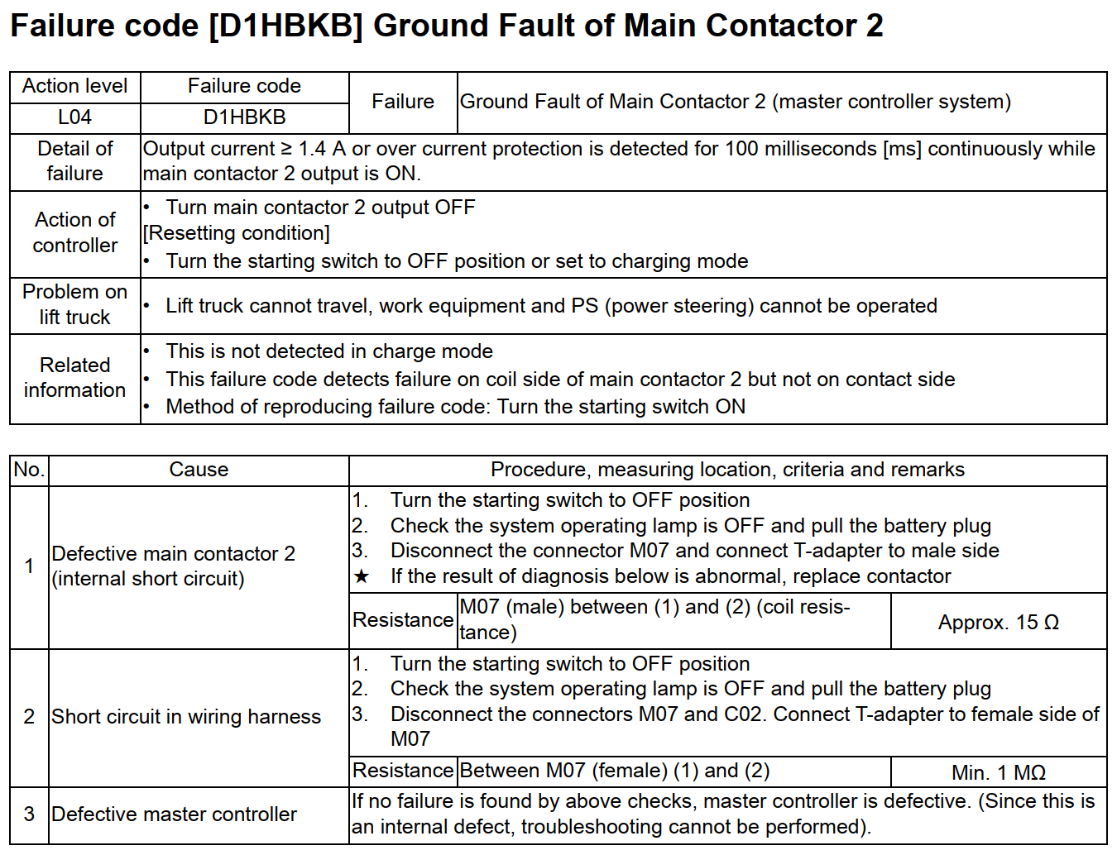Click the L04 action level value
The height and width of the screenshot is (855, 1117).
74,117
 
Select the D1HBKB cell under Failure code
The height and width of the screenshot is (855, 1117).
244,117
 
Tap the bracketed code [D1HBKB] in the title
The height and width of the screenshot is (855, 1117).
285,26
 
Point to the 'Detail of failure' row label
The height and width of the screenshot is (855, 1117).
74,161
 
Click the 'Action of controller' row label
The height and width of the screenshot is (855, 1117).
74,232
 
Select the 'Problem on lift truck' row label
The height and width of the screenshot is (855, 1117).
74,304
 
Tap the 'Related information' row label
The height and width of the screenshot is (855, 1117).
74,377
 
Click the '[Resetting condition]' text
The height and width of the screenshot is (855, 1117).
237,234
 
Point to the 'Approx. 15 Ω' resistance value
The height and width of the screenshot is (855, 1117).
998,623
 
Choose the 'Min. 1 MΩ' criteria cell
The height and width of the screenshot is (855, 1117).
998,772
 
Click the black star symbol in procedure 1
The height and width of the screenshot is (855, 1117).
362,576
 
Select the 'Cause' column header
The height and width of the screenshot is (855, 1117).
199,470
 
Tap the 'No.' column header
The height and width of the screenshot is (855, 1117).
29,470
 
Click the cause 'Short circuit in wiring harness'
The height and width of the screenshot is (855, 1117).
186,717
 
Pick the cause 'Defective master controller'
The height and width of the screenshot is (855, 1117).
174,814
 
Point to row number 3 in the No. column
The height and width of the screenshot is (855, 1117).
29,814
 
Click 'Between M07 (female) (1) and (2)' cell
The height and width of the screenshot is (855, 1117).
614,771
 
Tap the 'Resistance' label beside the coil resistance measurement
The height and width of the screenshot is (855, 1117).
403,620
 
